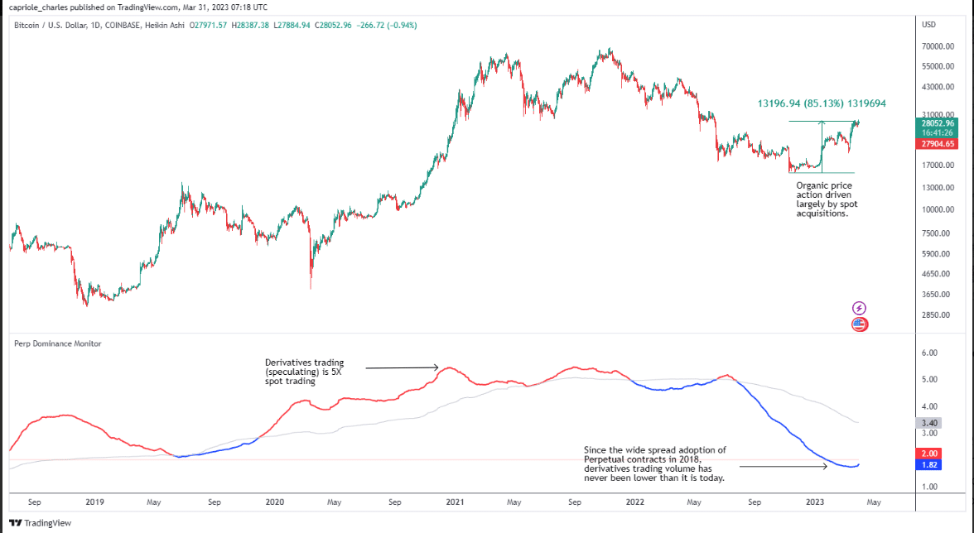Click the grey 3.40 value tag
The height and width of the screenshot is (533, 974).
tap(928, 423)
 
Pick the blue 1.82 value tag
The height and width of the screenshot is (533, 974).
tap(928, 465)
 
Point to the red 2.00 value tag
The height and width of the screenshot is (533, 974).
tap(928, 454)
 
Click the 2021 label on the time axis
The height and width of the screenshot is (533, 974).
tap(455, 502)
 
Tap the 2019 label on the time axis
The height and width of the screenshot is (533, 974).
tap(94, 502)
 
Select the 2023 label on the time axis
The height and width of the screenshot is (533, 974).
tap(815, 502)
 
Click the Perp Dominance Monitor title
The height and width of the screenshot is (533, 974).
tap(58, 343)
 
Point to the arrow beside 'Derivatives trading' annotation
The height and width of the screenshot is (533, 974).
tap(402, 367)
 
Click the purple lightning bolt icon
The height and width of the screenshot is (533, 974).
tap(859, 308)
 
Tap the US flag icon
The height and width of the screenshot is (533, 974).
tap(859, 324)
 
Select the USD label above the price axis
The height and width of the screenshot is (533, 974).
tap(928, 25)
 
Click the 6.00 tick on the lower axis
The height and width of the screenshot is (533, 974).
tap(928, 353)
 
